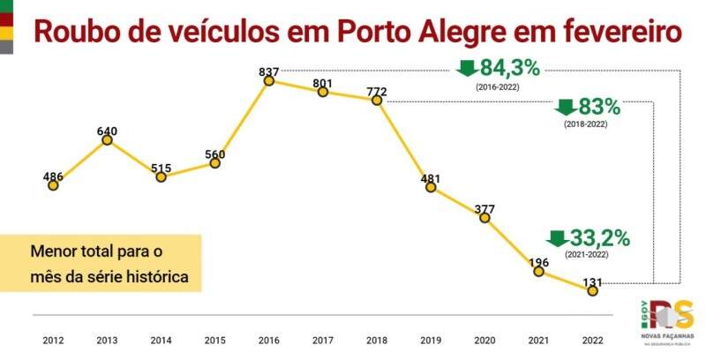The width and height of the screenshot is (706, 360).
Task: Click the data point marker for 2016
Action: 269,80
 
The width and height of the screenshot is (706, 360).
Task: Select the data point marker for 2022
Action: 592,290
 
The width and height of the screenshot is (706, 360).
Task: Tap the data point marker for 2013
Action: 107,139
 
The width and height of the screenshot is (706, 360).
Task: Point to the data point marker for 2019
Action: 431,188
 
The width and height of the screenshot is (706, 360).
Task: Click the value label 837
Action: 269,71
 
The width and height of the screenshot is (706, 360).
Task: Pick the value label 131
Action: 592,282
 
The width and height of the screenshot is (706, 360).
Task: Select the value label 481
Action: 431,179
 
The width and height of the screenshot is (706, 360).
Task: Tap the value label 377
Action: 484,209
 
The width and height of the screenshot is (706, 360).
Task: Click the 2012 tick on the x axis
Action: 53,340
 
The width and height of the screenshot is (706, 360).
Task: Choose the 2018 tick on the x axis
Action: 377,340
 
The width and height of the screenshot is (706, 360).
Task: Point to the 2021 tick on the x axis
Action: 538,340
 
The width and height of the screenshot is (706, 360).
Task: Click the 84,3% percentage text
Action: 509,67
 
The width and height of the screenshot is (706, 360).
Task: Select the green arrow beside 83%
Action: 566,108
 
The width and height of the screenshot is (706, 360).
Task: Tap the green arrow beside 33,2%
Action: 557,238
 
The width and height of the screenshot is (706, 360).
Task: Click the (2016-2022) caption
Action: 498,88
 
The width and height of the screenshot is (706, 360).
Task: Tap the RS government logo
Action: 669,322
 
